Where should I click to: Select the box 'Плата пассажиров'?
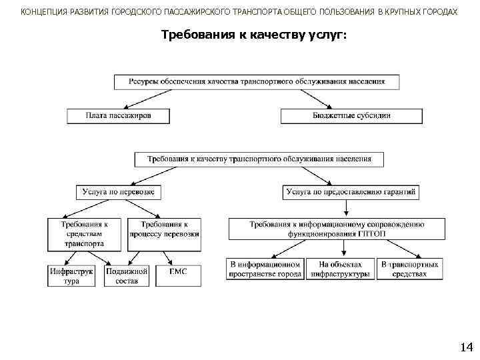119,116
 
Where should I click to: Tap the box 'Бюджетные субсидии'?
351,116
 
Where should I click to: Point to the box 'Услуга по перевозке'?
119,192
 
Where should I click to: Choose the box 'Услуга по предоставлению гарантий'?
351,192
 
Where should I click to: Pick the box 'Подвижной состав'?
127,275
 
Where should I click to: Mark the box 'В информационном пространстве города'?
265,269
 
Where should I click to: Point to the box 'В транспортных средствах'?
410,269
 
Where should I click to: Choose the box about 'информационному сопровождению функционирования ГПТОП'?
337,229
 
